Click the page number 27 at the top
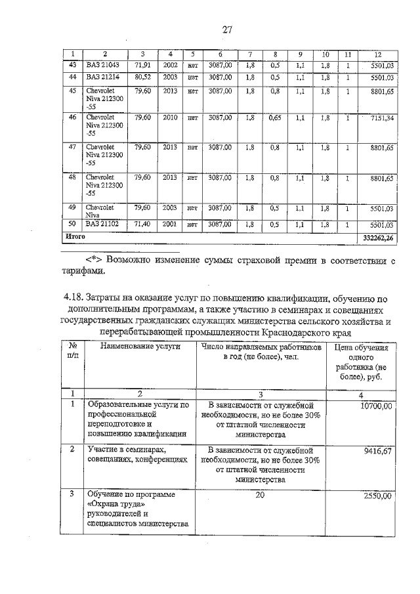(228, 29)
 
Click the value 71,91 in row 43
(142, 65)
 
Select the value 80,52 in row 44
(142, 77)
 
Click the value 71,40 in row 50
(142, 224)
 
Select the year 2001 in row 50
(170, 224)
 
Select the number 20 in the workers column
(260, 496)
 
